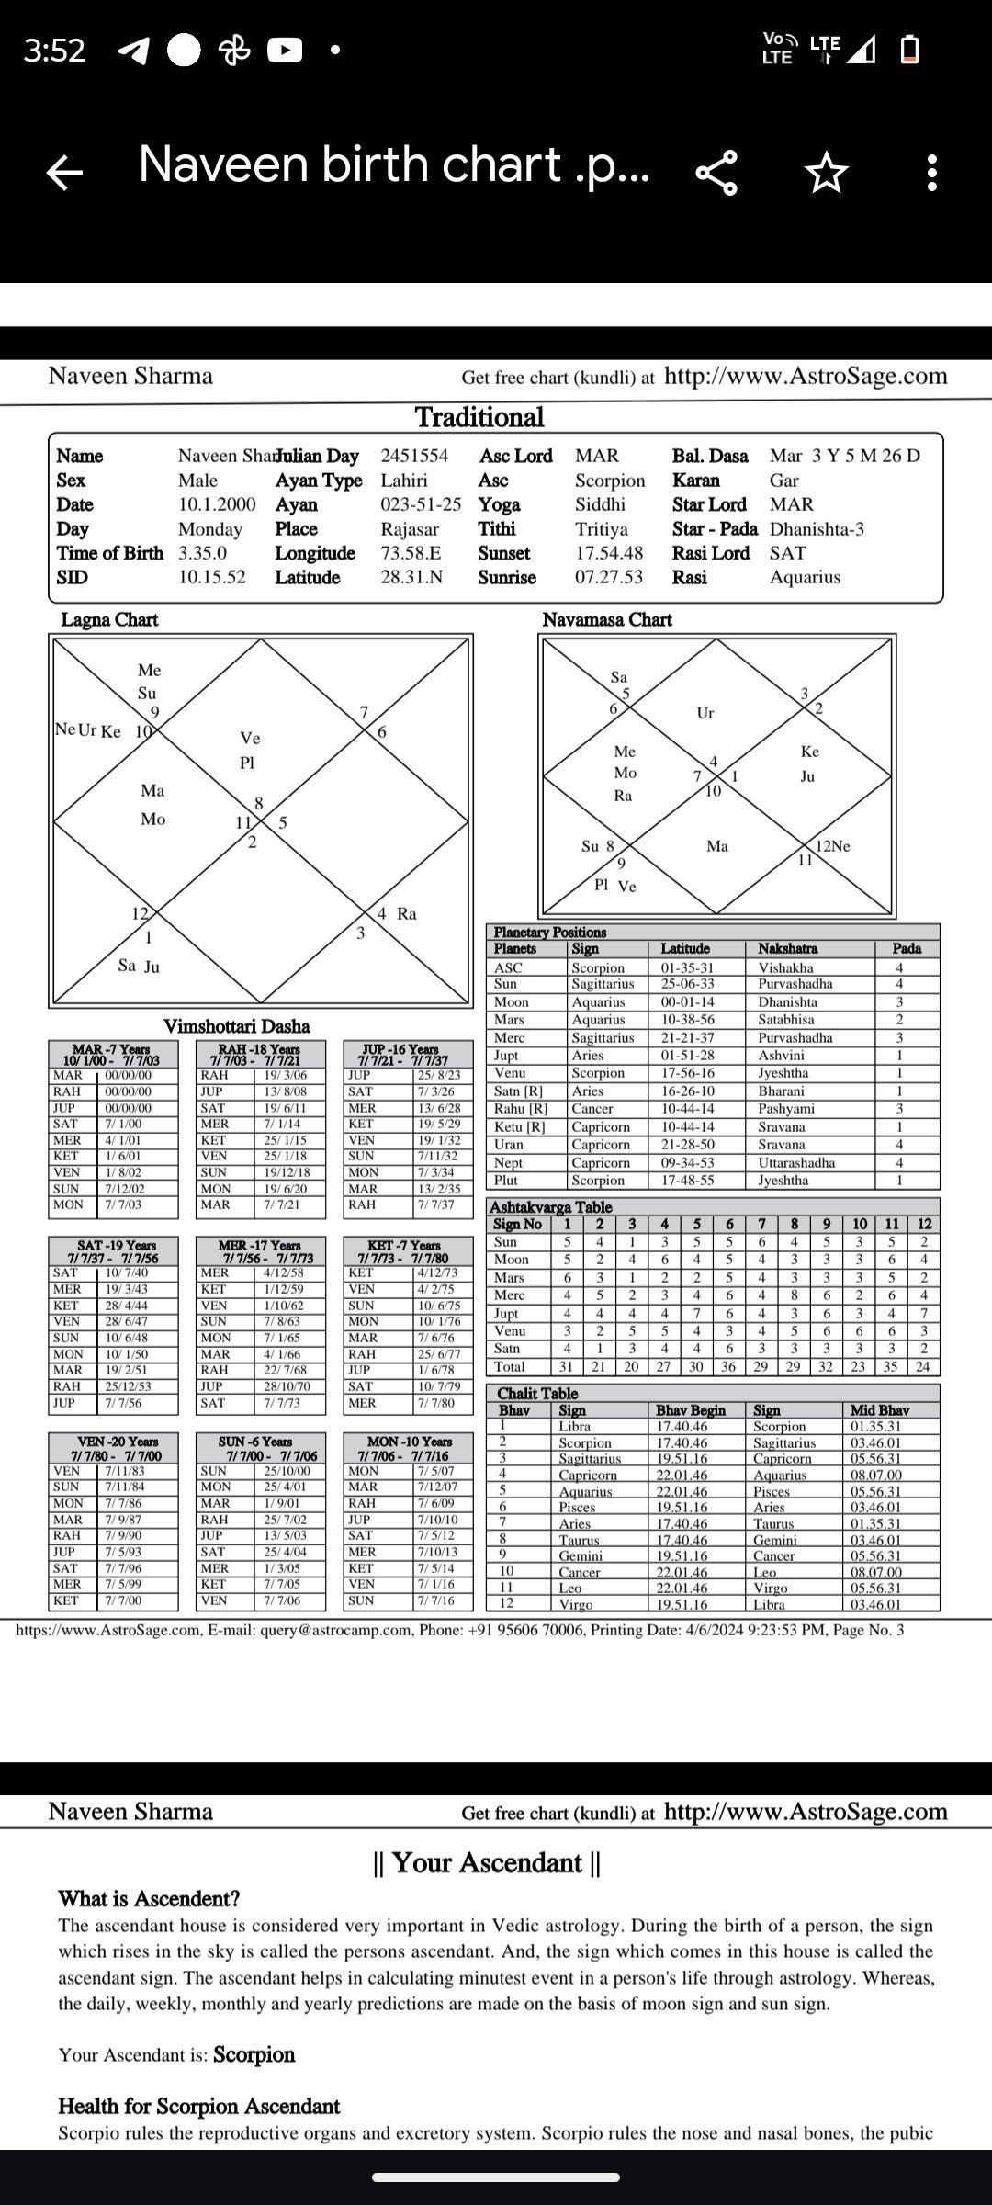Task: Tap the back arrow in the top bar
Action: pos(64,172)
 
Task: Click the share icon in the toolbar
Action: pos(716,172)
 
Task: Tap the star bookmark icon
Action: pos(826,172)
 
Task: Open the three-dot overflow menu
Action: pos(931,172)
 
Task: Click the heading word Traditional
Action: pos(479,418)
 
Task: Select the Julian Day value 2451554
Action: pos(414,456)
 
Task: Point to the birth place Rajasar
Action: pos(410,529)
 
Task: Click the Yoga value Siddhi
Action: pos(600,504)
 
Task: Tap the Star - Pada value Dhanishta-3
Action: pos(817,529)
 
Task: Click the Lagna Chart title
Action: pos(109,620)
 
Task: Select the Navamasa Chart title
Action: pos(607,620)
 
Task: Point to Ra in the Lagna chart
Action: pos(406,914)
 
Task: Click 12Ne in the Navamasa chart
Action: pos(832,846)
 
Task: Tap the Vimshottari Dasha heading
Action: pos(236,1026)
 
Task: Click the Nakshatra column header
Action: pos(787,949)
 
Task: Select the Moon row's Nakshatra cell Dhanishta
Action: pos(787,1002)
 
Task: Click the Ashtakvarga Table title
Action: pos(550,1207)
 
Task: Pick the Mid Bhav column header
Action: pos(879,1410)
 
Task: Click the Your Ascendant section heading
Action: pos(487,1862)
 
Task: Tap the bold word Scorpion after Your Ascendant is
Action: pos(254,2054)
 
